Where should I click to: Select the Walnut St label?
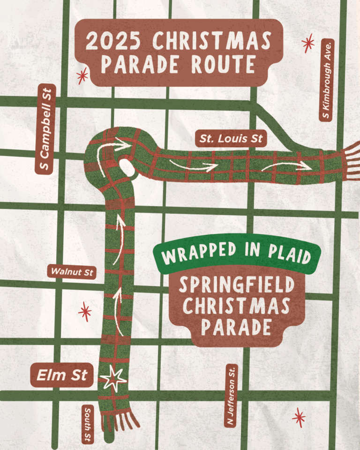72,271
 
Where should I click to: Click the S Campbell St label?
45,129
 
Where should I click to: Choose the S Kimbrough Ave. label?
326,80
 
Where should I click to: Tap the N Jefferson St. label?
232,396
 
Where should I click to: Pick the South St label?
88,424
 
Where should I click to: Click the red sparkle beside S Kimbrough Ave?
308,44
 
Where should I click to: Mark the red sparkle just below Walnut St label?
85,311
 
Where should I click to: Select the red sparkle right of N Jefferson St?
298,417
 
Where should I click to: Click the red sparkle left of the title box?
82,75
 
